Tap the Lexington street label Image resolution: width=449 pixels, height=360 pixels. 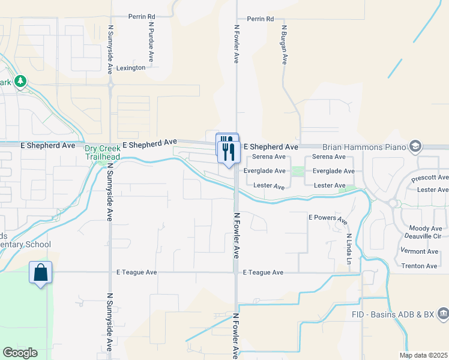pos(131,68)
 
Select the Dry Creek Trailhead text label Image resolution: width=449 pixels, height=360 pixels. pos(102,152)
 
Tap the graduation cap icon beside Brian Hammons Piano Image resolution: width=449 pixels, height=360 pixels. pos(415,146)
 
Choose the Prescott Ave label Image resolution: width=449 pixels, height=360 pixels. pos(430,178)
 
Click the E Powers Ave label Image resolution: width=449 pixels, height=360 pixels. pos(328,219)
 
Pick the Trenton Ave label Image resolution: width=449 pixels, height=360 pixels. pos(419,266)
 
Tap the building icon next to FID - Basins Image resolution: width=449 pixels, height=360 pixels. pos(443,313)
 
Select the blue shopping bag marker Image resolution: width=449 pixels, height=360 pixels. pos(40,272)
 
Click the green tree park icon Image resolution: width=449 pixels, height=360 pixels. pos(20,81)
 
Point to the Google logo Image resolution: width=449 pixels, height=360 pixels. pos(20,353)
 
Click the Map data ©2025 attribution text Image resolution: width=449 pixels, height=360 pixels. pos(423,355)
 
